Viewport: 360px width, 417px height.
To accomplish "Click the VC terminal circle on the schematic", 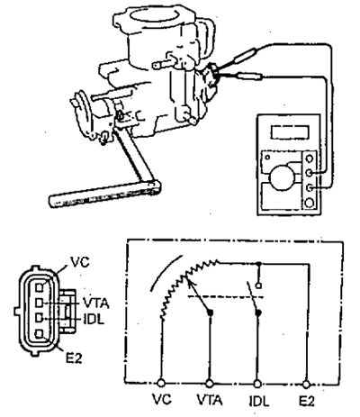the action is tap(161, 384).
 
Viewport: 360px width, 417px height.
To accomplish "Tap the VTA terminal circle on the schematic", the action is tap(210, 384).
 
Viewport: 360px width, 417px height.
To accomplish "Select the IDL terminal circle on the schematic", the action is tap(257, 384).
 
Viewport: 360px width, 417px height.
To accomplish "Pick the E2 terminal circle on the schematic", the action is tap(306, 384).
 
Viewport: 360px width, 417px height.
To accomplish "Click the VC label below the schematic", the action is tap(162, 400).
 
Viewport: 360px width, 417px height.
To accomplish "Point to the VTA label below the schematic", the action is tap(210, 400).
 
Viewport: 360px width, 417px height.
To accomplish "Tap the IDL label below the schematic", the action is tap(259, 401).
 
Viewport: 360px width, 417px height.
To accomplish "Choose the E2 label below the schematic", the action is tap(307, 401).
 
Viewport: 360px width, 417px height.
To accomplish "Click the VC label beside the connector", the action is tap(80, 262).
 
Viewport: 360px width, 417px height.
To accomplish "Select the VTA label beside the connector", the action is tap(96, 304).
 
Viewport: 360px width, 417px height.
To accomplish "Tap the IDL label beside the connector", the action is tap(94, 320).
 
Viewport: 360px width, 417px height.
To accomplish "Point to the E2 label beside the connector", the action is tap(74, 358).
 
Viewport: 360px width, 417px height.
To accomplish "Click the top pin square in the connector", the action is tap(40, 287).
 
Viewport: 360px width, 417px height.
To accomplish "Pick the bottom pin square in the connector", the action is tap(40, 333).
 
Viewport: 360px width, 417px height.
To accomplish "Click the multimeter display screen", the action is tap(290, 132).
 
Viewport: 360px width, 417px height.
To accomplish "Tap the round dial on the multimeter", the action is tap(282, 177).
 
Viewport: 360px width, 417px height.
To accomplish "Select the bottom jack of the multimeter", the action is tap(310, 204).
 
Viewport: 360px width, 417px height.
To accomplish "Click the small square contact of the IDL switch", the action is tap(259, 286).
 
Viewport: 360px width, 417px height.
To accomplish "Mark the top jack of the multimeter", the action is tap(310, 159).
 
